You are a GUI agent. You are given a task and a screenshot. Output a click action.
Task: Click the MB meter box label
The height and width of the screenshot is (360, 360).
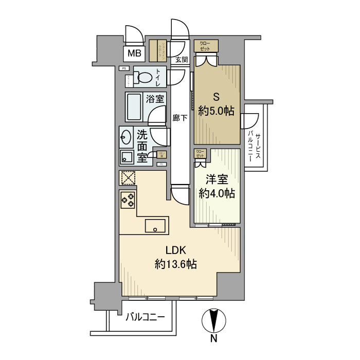coord(134,52)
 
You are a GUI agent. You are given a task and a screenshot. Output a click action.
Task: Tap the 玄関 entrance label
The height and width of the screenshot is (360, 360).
coord(181,60)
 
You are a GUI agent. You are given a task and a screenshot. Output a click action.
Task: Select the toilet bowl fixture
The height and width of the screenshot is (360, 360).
coord(145,78)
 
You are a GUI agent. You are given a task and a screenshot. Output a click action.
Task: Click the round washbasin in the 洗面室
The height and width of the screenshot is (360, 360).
coord(126,137)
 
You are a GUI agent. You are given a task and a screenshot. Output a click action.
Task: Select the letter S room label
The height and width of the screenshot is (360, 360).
coord(217,95)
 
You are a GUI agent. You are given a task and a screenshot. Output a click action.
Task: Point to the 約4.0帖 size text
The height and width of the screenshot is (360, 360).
coord(217,194)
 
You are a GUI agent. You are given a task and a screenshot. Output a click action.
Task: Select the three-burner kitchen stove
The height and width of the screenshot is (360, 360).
coord(128,199)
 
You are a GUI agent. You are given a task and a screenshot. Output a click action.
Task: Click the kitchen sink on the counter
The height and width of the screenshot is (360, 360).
coord(155,225)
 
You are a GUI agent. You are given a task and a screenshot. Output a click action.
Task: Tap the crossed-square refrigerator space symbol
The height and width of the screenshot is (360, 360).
coord(127,178)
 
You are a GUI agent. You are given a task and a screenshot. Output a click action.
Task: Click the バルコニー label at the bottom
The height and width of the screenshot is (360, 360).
coord(146,317)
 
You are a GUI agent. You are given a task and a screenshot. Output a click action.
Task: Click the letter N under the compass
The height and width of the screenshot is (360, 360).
coord(213,338)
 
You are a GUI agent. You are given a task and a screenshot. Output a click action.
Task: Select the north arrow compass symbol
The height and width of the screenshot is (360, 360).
coord(213,320)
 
